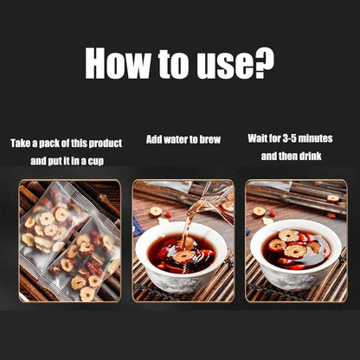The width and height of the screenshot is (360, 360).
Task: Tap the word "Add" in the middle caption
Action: click(155, 138)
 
